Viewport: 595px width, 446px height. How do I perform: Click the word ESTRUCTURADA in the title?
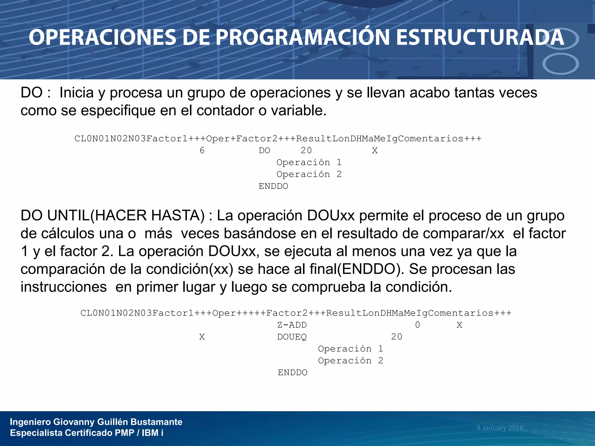[x=480, y=38]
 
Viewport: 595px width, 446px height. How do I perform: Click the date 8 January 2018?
[x=500, y=428]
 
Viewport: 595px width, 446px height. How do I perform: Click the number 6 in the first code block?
[x=202, y=150]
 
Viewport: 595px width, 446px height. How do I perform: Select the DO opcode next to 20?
[x=264, y=150]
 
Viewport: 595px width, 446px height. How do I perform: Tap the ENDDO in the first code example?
[x=273, y=186]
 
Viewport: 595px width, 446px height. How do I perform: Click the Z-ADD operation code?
[x=292, y=325]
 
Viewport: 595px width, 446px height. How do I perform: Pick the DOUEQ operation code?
[x=292, y=337]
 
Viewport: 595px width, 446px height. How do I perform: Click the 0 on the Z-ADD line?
[x=417, y=325]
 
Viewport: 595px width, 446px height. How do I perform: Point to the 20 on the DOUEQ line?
[x=397, y=337]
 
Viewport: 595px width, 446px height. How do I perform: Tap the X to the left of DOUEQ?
[x=202, y=337]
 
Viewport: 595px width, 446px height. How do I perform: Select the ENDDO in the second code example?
[x=292, y=373]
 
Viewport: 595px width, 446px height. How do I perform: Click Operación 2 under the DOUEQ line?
[x=350, y=361]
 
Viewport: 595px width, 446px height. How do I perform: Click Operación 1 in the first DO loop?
[x=309, y=162]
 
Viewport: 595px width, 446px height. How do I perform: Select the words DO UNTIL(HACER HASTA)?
[x=112, y=215]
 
